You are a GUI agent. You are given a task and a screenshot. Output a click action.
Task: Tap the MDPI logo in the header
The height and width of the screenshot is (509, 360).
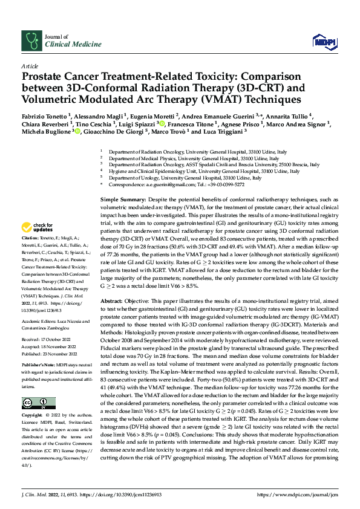[x=320, y=41]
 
